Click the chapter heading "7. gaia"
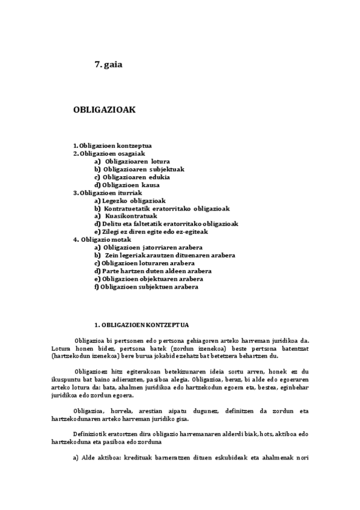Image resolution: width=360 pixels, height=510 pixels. click(x=108, y=64)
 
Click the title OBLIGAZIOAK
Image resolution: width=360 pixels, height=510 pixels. click(x=105, y=111)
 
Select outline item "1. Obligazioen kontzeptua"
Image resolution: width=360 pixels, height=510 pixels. click(x=112, y=146)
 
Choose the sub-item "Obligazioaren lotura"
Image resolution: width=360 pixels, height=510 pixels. click(x=137, y=161)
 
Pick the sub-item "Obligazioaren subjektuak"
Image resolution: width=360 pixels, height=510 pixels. click(x=144, y=169)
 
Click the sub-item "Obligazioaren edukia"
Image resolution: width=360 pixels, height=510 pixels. click(x=136, y=177)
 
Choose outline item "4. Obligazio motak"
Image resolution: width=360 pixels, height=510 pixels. click(x=104, y=239)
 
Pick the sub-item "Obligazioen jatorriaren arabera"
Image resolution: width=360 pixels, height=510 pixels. click(x=153, y=247)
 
